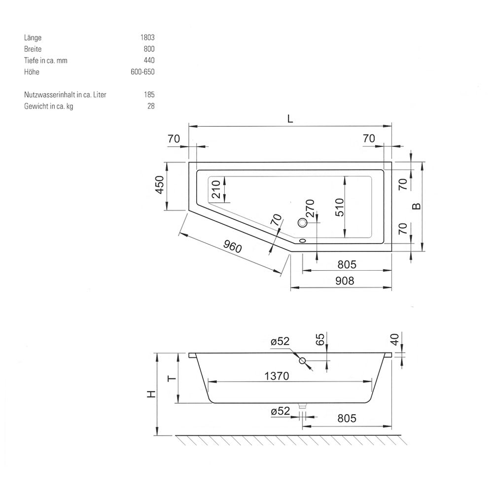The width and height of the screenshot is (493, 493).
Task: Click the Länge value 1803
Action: (147, 37)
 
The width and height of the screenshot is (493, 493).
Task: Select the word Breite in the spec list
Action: (33, 49)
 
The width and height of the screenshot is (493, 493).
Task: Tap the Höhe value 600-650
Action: (143, 71)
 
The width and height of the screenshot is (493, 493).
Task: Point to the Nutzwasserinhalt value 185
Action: (149, 95)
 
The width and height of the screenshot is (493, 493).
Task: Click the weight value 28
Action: (151, 106)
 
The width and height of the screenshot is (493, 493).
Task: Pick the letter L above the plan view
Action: (290, 119)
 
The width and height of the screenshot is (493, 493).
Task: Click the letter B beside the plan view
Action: (416, 206)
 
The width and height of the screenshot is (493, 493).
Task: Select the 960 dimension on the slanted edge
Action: (233, 246)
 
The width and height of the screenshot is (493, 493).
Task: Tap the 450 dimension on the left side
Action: (160, 185)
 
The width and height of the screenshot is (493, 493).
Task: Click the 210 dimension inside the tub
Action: (216, 189)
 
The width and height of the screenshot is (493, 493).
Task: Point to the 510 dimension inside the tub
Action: (340, 207)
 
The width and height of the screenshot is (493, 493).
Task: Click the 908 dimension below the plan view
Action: (345, 281)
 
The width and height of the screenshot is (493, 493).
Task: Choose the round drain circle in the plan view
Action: (303, 223)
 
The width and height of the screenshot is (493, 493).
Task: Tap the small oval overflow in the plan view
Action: (303, 241)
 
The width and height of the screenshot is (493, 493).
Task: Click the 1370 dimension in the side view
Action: (277, 376)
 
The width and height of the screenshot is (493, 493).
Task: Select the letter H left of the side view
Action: (152, 394)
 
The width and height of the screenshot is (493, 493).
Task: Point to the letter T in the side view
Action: (172, 378)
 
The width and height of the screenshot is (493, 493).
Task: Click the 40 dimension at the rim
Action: (395, 339)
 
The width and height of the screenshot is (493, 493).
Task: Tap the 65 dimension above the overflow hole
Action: (320, 340)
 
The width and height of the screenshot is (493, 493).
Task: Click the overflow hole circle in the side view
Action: (303, 361)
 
